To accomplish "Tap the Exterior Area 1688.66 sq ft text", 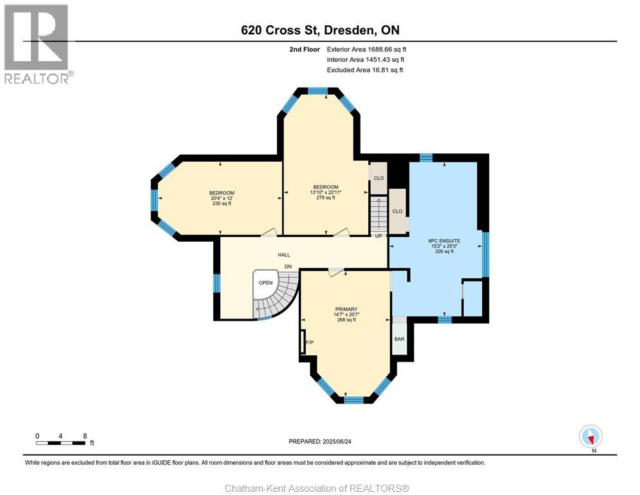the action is point(366,50).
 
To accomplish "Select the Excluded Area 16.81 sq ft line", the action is point(365,70).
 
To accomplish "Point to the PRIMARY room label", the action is point(346,309).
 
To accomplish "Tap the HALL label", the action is point(284,255).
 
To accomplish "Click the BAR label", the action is point(399,339).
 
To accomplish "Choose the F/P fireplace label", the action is point(310,342).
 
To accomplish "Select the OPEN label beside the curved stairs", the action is point(266,282).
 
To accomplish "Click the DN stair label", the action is point(288,266).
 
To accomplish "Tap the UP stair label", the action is point(379,236).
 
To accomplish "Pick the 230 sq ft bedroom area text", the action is point(221,203).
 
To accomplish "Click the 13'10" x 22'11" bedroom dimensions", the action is point(326,192).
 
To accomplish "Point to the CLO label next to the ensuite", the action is point(397,211).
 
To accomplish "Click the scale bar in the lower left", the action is point(61,443).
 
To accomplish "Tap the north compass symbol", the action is point(590,436).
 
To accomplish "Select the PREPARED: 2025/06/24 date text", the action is point(320,442).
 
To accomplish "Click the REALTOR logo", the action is point(37,44).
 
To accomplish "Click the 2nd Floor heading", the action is point(305,50).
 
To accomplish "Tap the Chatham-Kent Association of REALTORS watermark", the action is point(317,489).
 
